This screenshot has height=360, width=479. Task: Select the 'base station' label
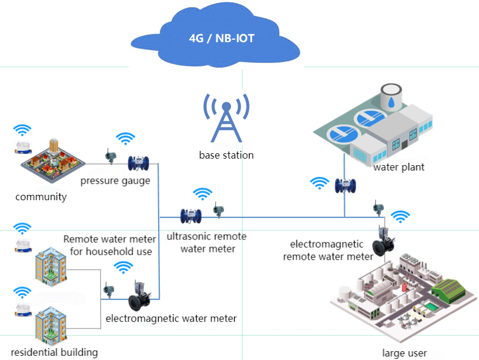(x=226, y=155)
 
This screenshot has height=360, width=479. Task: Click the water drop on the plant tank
(x=390, y=102)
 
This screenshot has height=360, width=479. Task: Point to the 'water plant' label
(x=399, y=167)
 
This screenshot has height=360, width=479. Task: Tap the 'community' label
(x=41, y=197)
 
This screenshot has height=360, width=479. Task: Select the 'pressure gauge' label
(x=115, y=181)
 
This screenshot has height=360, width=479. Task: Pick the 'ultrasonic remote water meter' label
(x=206, y=242)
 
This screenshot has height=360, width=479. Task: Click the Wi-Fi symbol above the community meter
(x=23, y=130)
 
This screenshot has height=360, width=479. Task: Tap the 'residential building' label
(x=54, y=352)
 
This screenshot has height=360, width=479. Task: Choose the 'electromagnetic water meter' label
(x=171, y=318)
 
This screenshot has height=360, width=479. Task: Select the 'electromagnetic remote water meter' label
(x=328, y=250)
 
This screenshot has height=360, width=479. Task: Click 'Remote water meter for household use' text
(x=110, y=245)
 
